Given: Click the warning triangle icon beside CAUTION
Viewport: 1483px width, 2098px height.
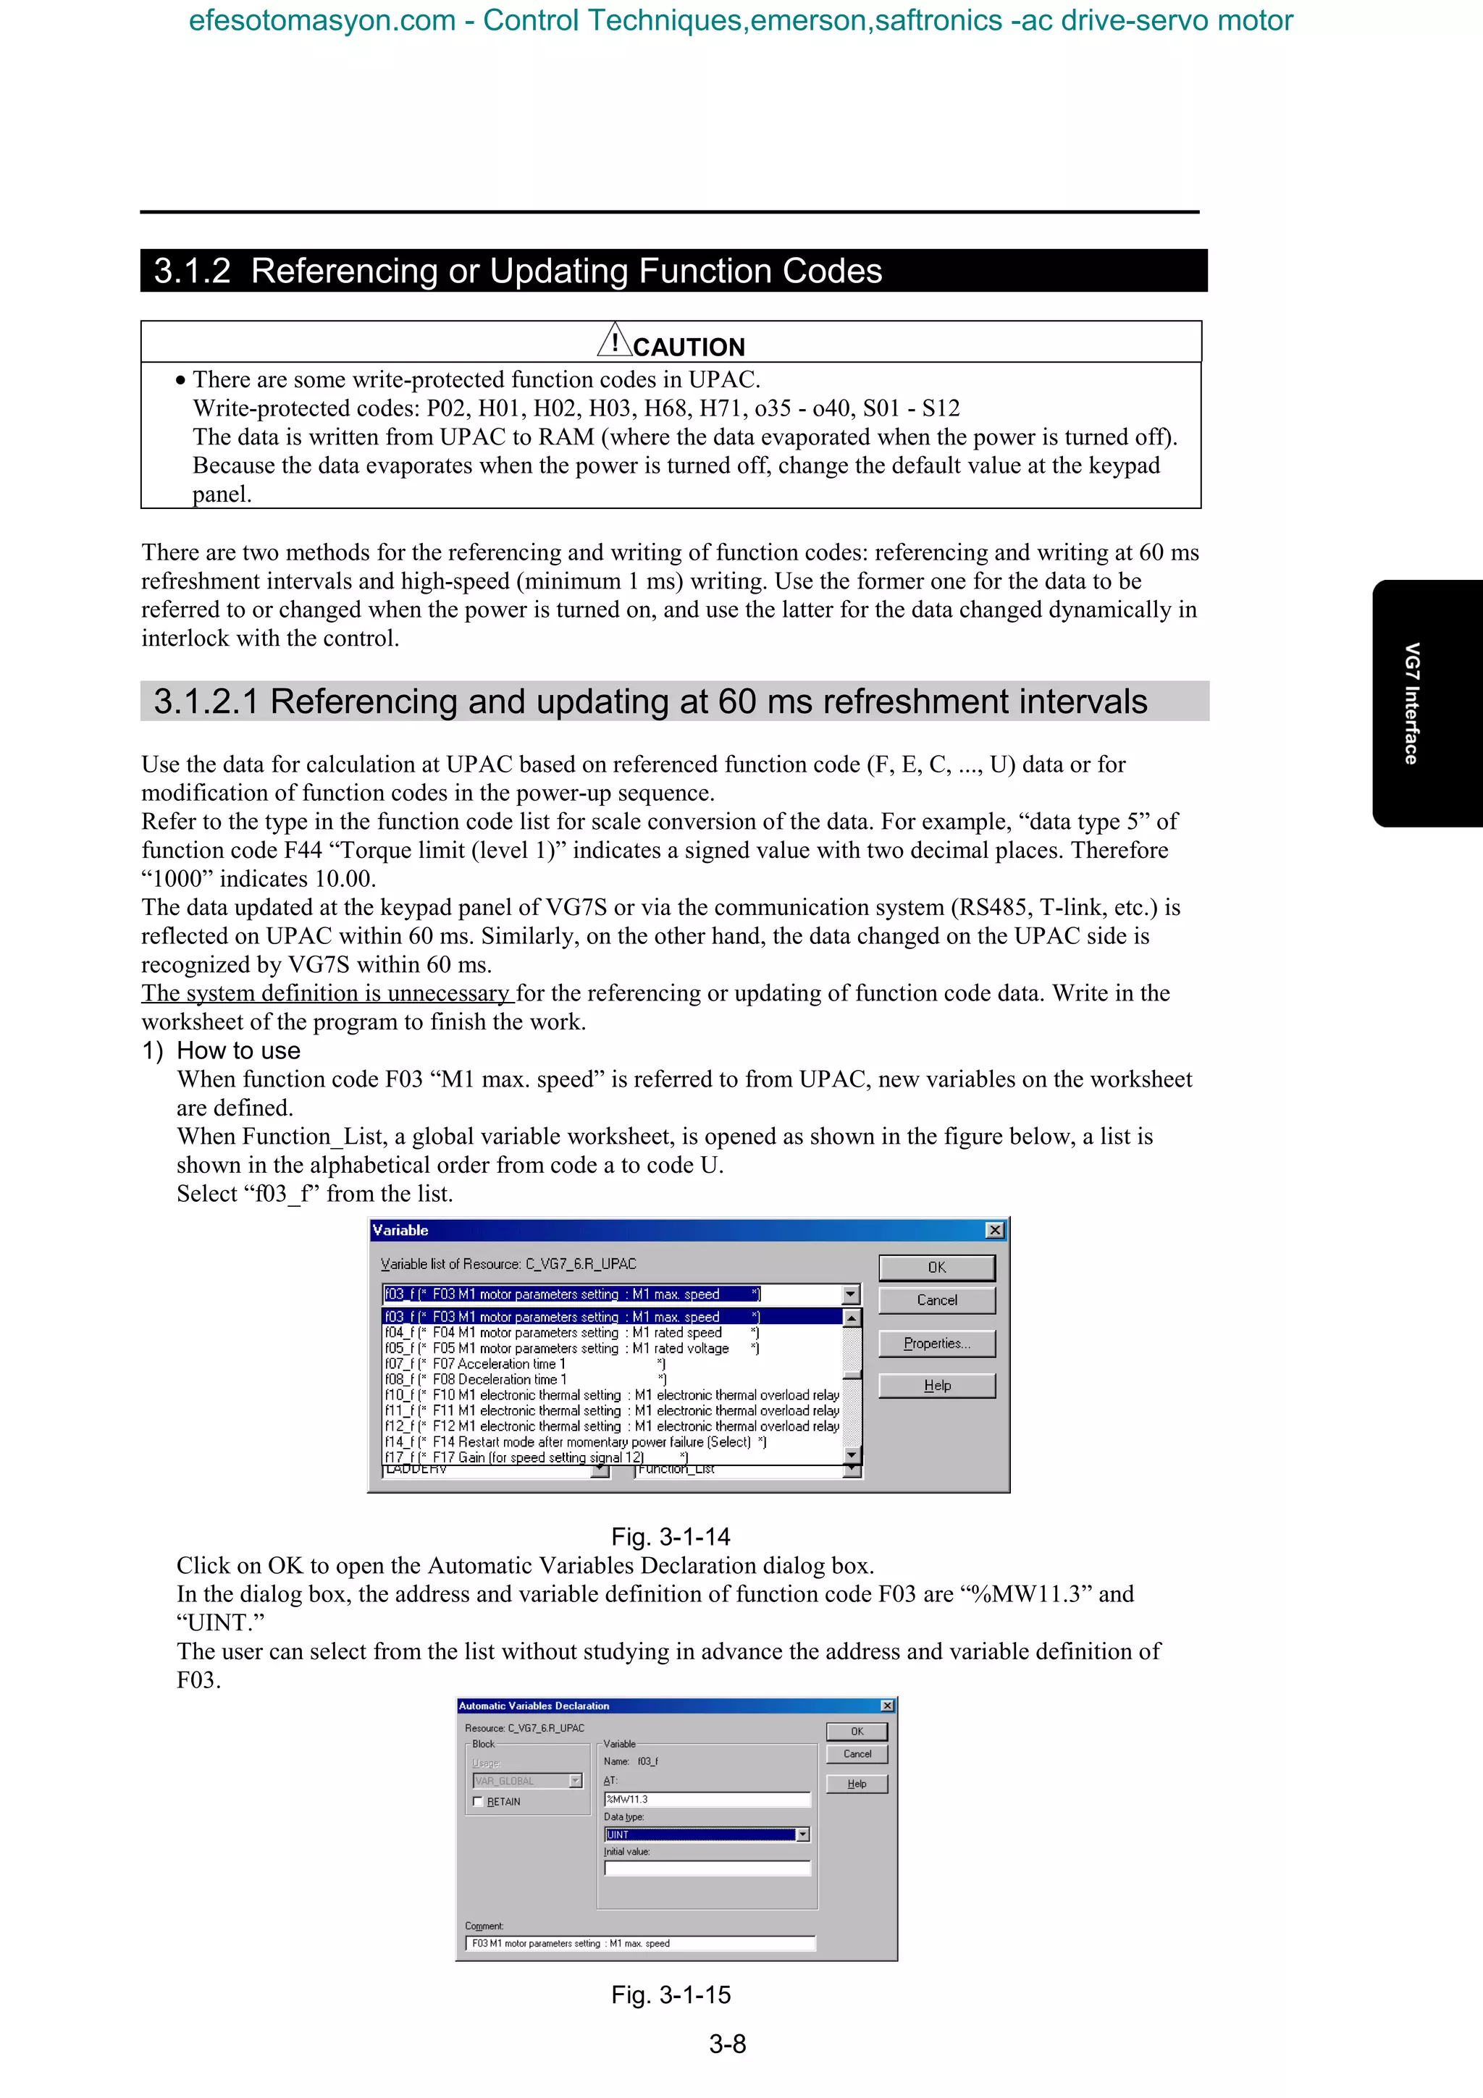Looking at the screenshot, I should pos(615,341).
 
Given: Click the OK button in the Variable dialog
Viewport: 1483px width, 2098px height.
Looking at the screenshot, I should pos(936,1268).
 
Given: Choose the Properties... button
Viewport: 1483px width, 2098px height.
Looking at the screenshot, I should pos(936,1343).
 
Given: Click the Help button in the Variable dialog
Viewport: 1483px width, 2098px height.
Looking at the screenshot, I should pos(936,1385).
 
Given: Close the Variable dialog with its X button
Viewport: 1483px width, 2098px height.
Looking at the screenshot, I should pos(995,1230).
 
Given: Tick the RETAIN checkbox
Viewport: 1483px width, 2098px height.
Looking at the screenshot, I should pos(478,1801).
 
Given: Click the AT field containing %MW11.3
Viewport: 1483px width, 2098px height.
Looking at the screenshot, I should pos(706,1798).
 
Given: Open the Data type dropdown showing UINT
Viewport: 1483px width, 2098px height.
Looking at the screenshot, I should pos(802,1834).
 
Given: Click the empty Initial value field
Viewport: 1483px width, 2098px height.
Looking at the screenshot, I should pos(706,1868).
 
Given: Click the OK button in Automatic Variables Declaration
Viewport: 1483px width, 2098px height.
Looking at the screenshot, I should pos(856,1731).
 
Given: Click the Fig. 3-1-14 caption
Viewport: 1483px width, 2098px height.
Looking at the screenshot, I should pos(671,1536).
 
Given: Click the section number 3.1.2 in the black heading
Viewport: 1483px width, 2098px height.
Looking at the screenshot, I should pos(192,271).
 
